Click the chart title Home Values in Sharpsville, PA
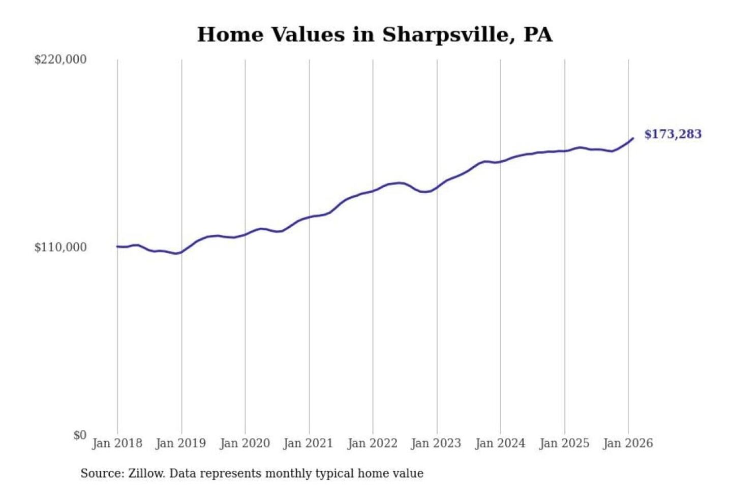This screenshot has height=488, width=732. [x=375, y=35]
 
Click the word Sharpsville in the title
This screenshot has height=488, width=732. [x=445, y=35]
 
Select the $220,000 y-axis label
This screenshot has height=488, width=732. [x=60, y=59]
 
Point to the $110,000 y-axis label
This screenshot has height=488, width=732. [x=60, y=248]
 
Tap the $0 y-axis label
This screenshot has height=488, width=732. [x=80, y=435]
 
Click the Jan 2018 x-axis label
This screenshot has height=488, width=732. [x=117, y=443]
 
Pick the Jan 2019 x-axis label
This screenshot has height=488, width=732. [x=180, y=443]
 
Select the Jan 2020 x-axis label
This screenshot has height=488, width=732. [x=245, y=443]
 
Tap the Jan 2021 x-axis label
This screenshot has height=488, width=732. [x=308, y=443]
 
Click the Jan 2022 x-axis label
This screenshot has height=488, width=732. [x=372, y=443]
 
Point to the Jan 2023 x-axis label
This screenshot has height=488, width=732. [x=436, y=443]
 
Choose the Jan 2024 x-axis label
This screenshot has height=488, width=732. [x=500, y=443]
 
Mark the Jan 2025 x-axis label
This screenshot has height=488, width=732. [x=564, y=443]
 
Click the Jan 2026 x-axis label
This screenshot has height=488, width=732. [x=627, y=443]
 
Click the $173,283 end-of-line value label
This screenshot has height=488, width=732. [x=673, y=134]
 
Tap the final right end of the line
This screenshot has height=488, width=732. [x=632, y=138]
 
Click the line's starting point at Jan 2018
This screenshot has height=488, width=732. [x=117, y=247]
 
